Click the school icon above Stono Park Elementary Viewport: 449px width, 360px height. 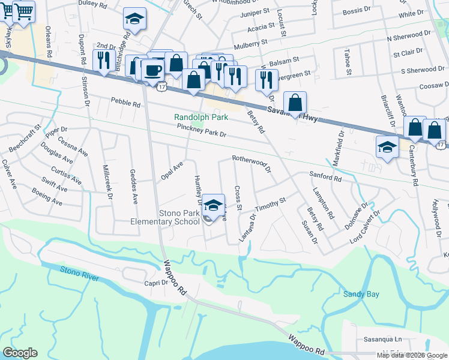point(212,205)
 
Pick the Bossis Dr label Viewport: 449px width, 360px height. point(358,11)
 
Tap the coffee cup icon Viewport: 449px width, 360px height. point(152,70)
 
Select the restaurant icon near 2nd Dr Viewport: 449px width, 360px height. point(104,59)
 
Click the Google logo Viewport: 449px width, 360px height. point(20,353)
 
